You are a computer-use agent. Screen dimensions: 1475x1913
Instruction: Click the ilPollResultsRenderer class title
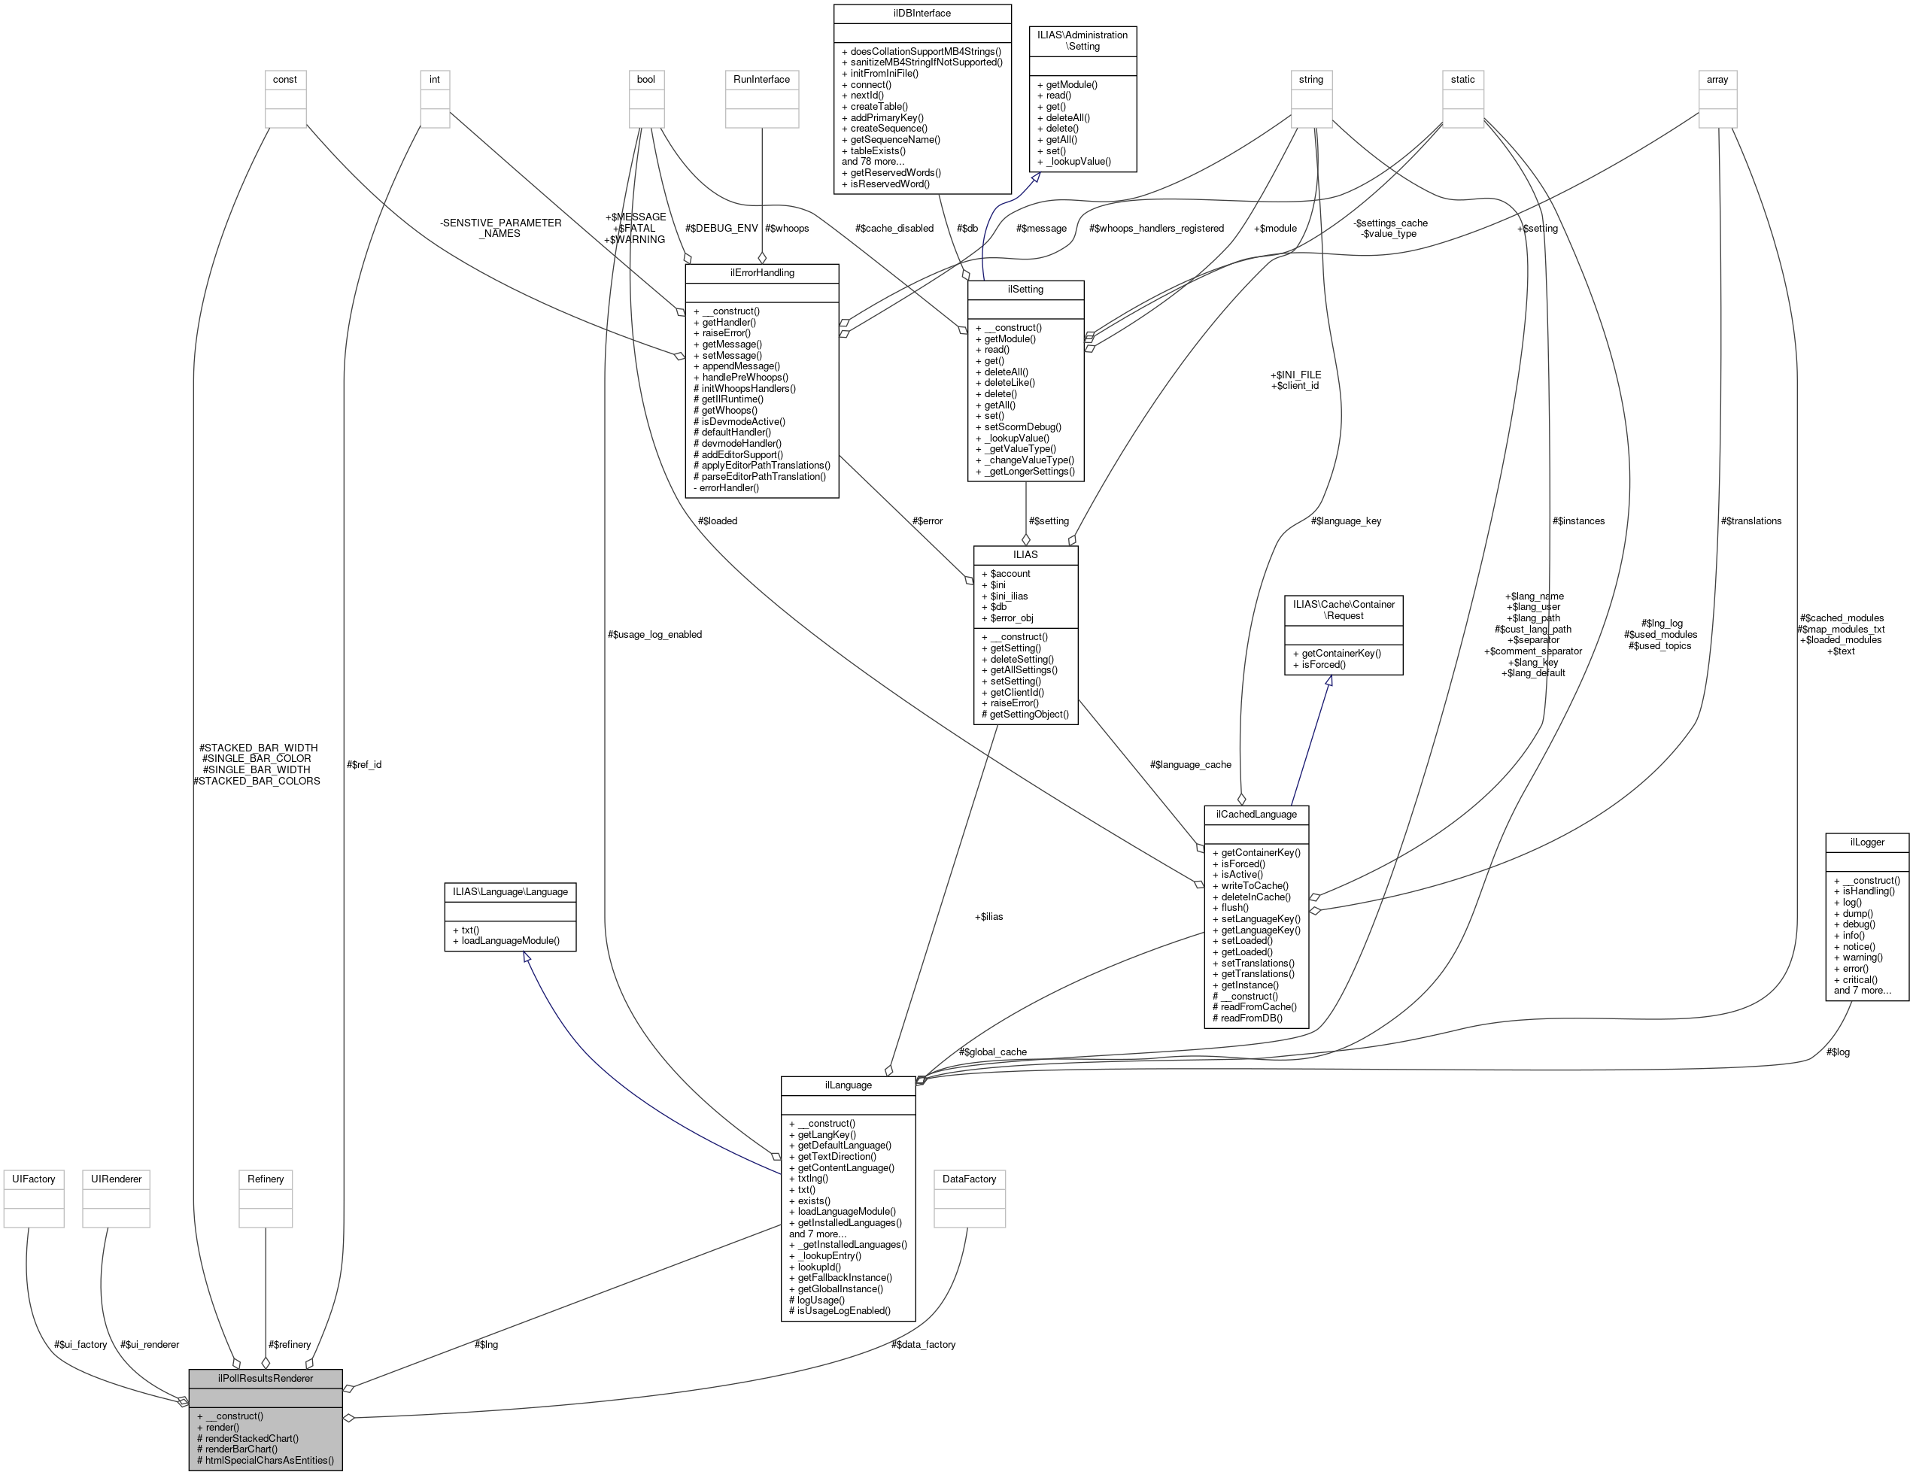coord(266,1378)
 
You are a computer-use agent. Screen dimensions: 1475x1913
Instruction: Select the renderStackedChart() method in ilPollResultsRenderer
coord(251,1438)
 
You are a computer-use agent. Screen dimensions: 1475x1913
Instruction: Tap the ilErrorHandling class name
coord(762,272)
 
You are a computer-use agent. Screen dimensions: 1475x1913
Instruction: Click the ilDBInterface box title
coord(922,13)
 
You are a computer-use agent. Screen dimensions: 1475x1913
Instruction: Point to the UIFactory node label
coord(33,1179)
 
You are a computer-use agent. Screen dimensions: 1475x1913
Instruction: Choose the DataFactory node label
coord(969,1179)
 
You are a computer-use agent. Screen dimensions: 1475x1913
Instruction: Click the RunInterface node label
coord(761,79)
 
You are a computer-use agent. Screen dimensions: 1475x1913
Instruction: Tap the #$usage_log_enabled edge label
coord(654,634)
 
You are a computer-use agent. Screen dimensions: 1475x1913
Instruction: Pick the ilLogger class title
coord(1866,842)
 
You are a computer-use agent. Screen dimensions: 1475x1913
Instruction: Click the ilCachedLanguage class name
coord(1256,814)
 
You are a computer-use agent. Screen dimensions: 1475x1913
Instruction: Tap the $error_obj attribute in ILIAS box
coord(1011,618)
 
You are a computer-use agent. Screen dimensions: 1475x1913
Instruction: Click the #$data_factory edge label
coord(923,1344)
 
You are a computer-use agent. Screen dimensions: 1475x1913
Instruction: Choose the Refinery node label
coord(266,1179)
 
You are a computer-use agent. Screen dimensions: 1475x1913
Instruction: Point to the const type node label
coord(284,79)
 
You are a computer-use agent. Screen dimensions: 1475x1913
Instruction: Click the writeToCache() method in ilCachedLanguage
coord(1254,885)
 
